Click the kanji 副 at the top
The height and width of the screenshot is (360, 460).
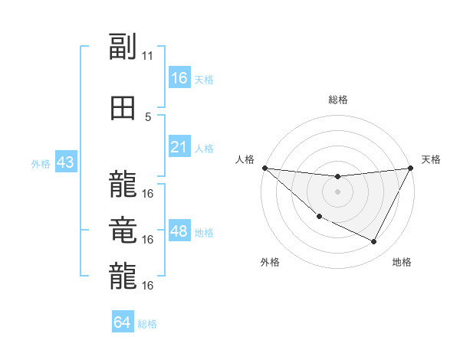point(123,47)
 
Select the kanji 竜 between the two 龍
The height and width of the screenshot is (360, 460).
point(123,231)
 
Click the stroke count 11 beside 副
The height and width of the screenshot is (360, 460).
point(148,56)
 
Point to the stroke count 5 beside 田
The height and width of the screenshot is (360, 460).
point(148,117)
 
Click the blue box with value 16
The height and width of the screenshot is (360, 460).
point(179,78)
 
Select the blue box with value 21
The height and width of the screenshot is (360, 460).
point(179,147)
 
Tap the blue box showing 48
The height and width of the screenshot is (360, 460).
point(179,231)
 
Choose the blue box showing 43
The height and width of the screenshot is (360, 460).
point(65,162)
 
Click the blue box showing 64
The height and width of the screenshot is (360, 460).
point(123,322)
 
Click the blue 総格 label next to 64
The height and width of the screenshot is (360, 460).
point(147,324)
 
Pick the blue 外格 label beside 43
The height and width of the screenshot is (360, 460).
point(41,163)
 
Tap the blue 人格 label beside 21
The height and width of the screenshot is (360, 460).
point(204,148)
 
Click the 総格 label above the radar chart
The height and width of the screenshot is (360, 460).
point(337,100)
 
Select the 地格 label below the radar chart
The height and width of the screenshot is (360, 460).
point(402,262)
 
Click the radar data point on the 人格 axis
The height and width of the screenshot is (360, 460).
point(264,168)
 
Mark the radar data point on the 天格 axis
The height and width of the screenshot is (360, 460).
point(410,168)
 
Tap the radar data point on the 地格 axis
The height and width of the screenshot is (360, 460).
point(374,242)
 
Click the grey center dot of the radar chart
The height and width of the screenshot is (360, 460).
point(337,191)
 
